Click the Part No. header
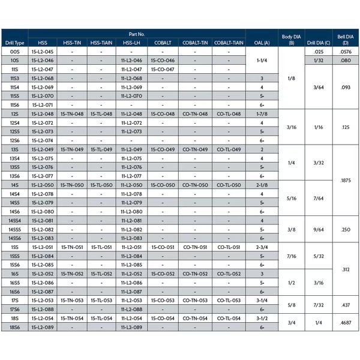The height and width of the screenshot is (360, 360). click(x=137, y=34)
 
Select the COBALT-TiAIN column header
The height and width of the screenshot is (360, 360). click(x=229, y=43)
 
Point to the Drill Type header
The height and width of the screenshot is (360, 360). click(x=14, y=43)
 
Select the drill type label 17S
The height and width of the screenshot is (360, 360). click(x=14, y=300)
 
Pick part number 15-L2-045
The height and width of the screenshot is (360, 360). click(x=42, y=52)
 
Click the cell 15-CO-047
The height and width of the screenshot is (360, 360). click(x=163, y=70)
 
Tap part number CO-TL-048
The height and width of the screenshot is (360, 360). click(x=229, y=114)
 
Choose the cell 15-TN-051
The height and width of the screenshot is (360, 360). click(x=73, y=247)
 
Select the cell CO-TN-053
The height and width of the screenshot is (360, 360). click(x=195, y=300)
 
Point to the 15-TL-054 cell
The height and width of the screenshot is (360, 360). click(x=101, y=318)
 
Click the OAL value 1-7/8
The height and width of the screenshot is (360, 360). click(x=262, y=114)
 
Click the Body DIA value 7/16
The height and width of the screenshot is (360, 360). click(x=292, y=256)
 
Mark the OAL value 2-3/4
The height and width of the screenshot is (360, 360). click(x=262, y=247)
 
